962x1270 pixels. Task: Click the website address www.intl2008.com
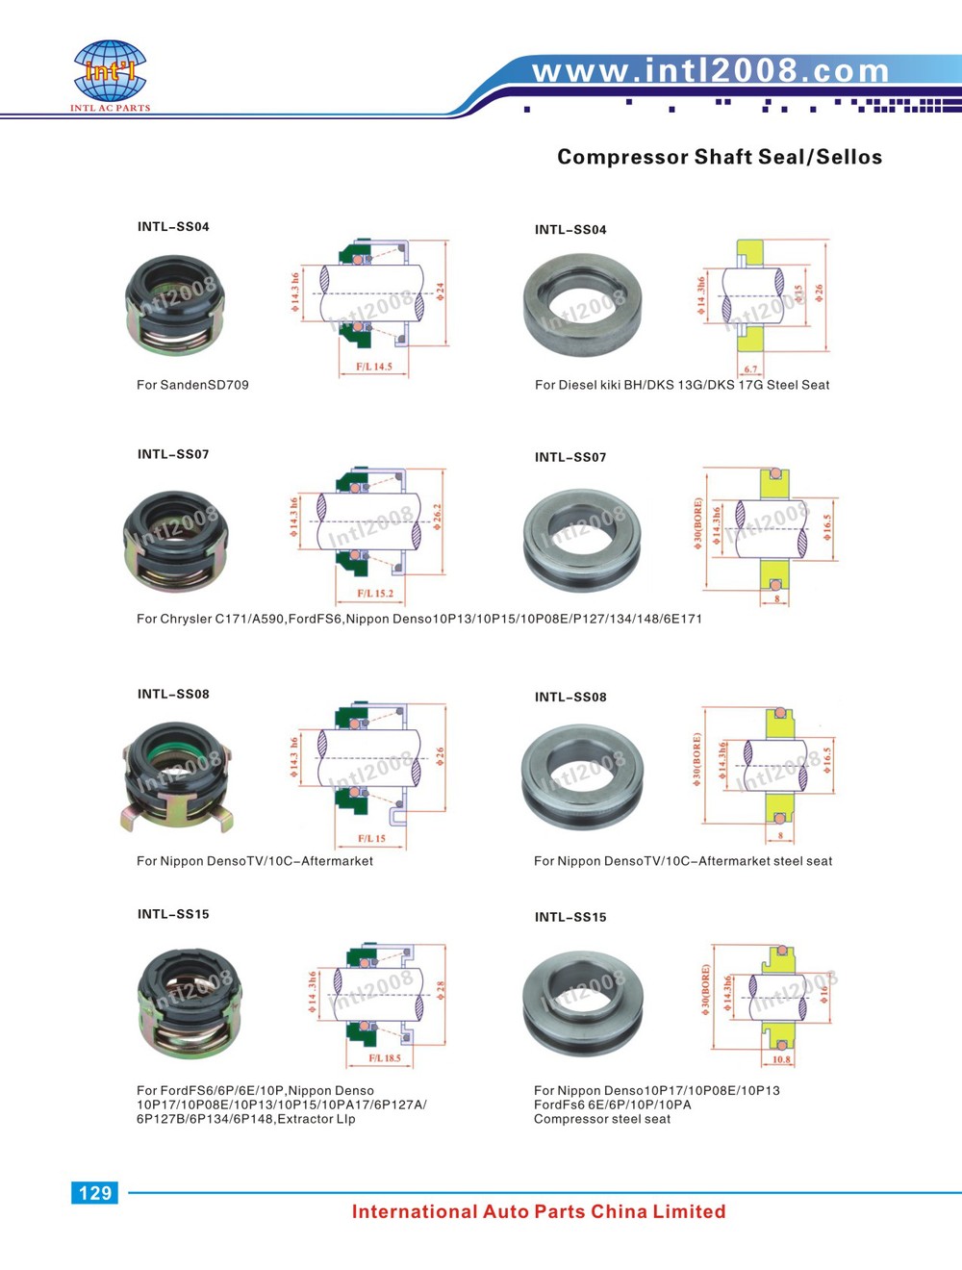[711, 70]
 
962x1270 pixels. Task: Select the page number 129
[94, 1193]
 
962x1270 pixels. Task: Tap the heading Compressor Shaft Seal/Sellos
[720, 157]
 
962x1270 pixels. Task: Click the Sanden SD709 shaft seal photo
[175, 304]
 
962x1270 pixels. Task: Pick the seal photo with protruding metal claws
[177, 777]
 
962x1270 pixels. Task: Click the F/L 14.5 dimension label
[374, 367]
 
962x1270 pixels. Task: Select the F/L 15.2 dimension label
[375, 594]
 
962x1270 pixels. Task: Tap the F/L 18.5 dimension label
[385, 1058]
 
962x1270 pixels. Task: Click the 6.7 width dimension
[750, 369]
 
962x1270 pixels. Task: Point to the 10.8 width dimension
[781, 1060]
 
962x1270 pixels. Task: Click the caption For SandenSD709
[192, 385]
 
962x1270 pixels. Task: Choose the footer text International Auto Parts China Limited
[539, 1212]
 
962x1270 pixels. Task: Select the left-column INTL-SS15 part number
[173, 914]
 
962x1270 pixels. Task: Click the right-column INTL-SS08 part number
[570, 697]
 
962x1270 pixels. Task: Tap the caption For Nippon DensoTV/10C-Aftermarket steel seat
[683, 861]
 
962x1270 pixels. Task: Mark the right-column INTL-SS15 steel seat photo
[581, 1003]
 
